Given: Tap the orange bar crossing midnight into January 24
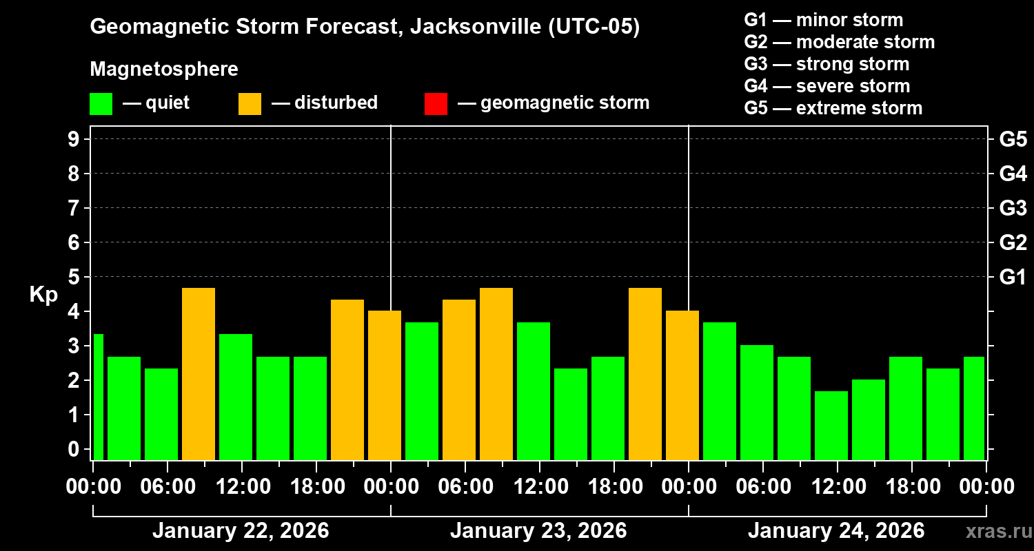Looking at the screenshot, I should coord(682,385).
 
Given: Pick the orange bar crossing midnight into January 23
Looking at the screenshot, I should coord(384,385).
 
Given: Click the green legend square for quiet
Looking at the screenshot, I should coord(101,103).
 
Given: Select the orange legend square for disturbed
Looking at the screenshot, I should coord(250,103).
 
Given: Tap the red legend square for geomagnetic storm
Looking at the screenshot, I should coord(436,103).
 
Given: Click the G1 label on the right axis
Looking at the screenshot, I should coord(1013,277).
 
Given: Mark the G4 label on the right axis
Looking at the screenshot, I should coord(1013,174).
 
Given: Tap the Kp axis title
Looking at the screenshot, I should coord(43,294).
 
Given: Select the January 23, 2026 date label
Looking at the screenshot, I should coord(538,531).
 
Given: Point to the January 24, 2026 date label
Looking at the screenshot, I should coord(836,531).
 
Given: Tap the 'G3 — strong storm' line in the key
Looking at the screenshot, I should coord(827,64).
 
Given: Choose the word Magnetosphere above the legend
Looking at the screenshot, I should coord(164,70).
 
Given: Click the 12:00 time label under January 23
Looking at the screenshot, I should coord(540,487).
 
